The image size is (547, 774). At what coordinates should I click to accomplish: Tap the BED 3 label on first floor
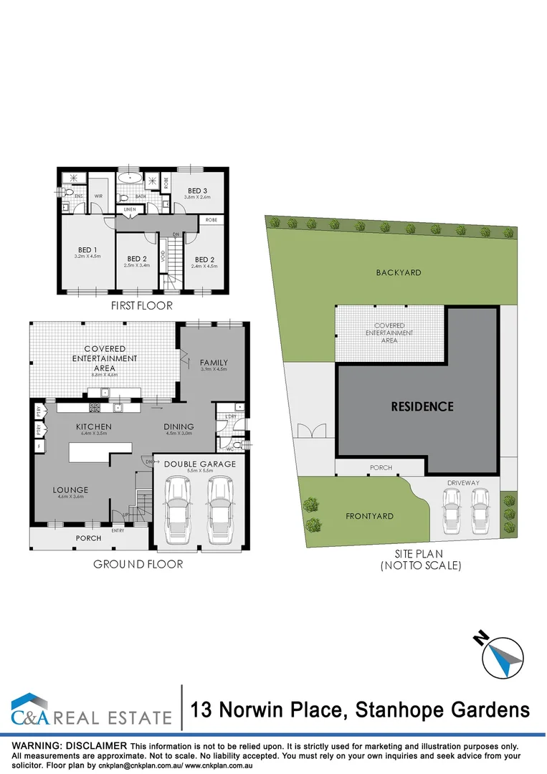197,191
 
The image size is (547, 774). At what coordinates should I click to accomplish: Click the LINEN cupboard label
130,209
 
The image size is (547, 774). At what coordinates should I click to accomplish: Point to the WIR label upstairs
98,195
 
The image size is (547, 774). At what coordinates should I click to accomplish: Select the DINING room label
180,426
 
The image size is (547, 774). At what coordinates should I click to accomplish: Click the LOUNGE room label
69,491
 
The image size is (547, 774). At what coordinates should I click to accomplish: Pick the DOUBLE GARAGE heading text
200,464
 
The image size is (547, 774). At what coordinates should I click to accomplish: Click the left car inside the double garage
176,510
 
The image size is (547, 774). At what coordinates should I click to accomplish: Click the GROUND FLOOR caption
138,564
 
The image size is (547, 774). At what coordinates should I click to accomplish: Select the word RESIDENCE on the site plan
422,406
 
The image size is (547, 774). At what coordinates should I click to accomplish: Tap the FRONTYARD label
369,516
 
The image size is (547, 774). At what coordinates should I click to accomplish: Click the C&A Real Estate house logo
32,708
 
